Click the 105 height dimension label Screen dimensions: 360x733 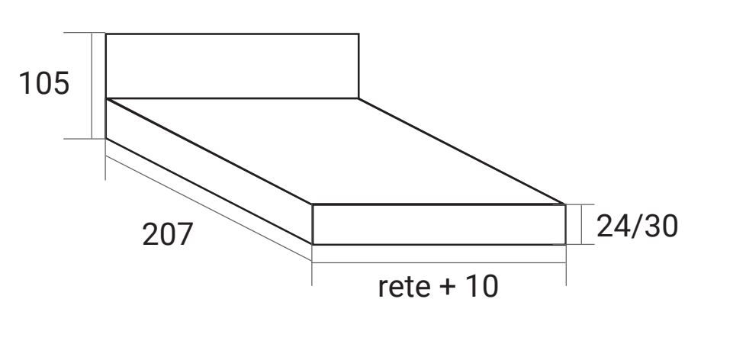click(x=44, y=83)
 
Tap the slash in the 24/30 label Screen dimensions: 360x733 click(x=638, y=226)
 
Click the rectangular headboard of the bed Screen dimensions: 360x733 click(x=232, y=66)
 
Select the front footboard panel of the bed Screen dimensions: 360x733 click(x=439, y=224)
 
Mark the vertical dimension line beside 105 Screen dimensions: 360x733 click(x=93, y=85)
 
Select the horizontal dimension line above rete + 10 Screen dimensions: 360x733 click(x=439, y=262)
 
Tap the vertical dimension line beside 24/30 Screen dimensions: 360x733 click(x=583, y=224)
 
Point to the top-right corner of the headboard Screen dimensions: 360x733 click(x=358, y=34)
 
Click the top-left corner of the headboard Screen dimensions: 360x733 click(x=106, y=34)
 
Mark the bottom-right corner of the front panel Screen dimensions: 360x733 click(x=565, y=245)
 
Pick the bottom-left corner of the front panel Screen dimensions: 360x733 click(x=313, y=245)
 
